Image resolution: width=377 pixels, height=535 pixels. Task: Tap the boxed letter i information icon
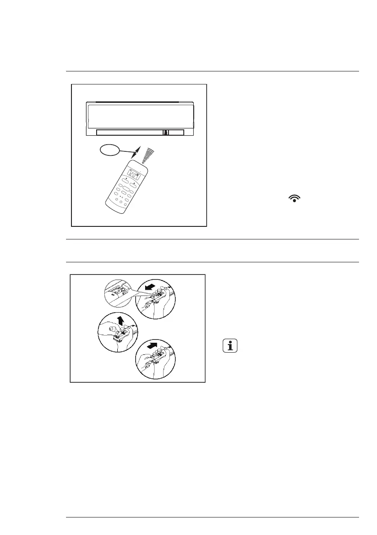[x=230, y=346]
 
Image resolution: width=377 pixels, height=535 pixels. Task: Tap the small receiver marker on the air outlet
[x=166, y=133]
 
